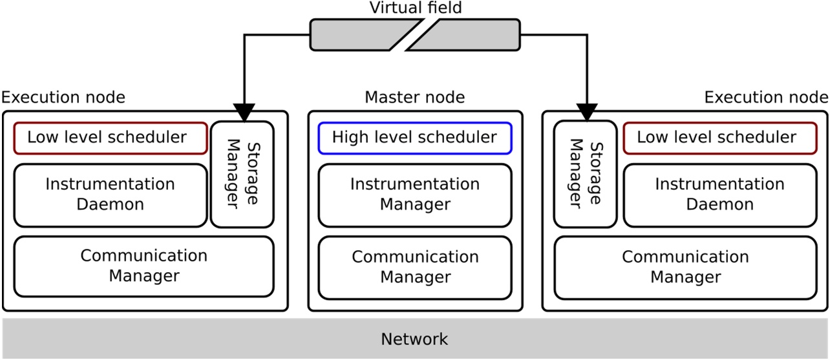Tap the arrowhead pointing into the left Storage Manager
point(244,112)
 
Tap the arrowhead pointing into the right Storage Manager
point(586,112)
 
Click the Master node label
point(414,98)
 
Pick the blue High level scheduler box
point(414,138)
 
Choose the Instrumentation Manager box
point(414,195)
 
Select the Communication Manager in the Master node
point(414,267)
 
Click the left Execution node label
point(63,98)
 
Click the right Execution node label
point(766,98)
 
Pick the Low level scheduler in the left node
point(110,138)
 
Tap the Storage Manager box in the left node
point(242,175)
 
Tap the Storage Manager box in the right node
point(586,175)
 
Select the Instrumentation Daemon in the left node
point(110,195)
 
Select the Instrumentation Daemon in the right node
point(719,195)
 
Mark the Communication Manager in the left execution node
point(144,266)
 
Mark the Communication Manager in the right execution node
point(685,267)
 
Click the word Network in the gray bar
point(414,339)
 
